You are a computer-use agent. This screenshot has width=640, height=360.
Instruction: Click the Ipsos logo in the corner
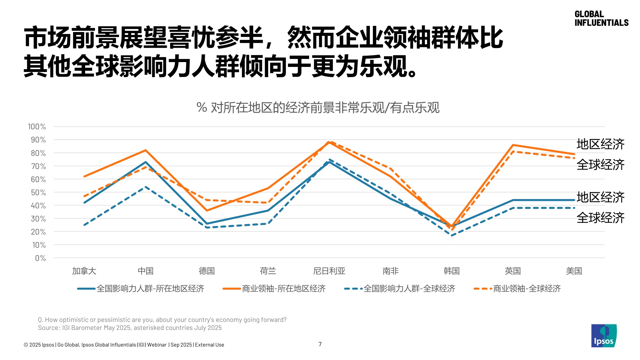click(604, 336)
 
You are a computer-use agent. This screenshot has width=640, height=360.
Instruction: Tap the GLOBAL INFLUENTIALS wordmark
click(601, 19)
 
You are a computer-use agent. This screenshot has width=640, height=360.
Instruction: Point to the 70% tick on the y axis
click(38, 166)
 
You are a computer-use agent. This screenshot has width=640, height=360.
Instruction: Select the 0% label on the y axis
click(40, 258)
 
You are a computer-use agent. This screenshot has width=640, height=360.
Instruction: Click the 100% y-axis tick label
click(37, 127)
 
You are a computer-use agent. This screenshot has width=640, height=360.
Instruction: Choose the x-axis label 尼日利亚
click(329, 271)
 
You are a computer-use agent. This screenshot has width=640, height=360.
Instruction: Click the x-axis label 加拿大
click(84, 271)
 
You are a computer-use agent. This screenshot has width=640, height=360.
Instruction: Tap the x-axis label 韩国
click(452, 271)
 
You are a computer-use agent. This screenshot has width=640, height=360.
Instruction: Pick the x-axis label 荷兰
click(268, 271)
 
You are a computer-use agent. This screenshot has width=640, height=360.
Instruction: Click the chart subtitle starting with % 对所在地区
click(318, 108)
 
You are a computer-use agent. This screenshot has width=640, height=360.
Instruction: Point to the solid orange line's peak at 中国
click(146, 150)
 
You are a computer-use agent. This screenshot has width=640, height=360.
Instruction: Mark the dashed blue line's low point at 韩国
click(452, 236)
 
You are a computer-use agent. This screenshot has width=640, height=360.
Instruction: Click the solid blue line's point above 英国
click(513, 200)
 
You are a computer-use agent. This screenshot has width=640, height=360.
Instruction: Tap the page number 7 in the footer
click(320, 344)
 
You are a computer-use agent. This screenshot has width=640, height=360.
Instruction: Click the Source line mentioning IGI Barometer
click(130, 328)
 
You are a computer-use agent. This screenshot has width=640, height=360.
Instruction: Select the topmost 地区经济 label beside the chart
click(600, 144)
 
